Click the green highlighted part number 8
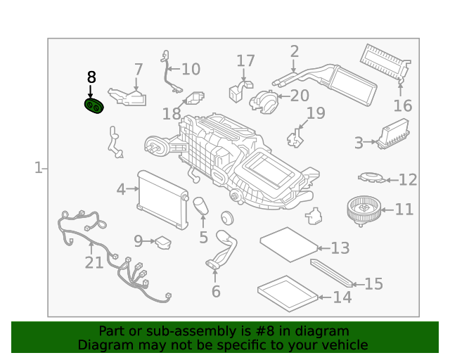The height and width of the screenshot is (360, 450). [x=94, y=105]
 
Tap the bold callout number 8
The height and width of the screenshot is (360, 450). [x=91, y=77]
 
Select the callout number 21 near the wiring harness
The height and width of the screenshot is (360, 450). [x=94, y=263]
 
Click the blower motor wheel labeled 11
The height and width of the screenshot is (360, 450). [x=364, y=211]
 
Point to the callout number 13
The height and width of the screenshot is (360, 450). [x=340, y=248]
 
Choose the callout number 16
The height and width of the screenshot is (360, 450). [x=403, y=105]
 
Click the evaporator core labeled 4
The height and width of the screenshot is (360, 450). [x=163, y=200]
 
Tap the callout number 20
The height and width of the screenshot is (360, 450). [x=300, y=96]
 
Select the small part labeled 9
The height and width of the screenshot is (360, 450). [x=163, y=243]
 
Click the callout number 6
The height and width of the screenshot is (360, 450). [x=216, y=291]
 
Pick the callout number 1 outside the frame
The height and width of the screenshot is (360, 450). [x=39, y=168]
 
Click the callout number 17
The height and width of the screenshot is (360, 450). [x=245, y=61]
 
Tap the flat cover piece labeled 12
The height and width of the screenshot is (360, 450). [x=372, y=178]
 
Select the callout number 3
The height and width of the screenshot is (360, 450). [x=359, y=143]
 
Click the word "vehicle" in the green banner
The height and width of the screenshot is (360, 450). [x=346, y=345]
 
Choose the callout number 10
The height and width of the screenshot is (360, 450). [x=191, y=70]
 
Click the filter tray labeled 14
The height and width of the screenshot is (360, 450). [x=288, y=294]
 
